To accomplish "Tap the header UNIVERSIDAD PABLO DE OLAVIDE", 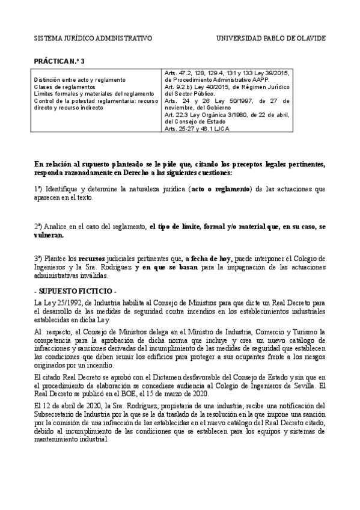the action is [x=270, y=38].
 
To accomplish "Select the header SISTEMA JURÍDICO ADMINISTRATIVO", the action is [x=93, y=38].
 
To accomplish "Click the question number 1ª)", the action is [x=38, y=189].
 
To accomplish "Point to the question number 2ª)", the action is [x=38, y=227].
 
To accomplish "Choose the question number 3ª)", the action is [x=38, y=259].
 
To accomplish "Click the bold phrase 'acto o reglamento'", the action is [x=220, y=189].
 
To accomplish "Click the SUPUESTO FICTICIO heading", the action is [x=68, y=290].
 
